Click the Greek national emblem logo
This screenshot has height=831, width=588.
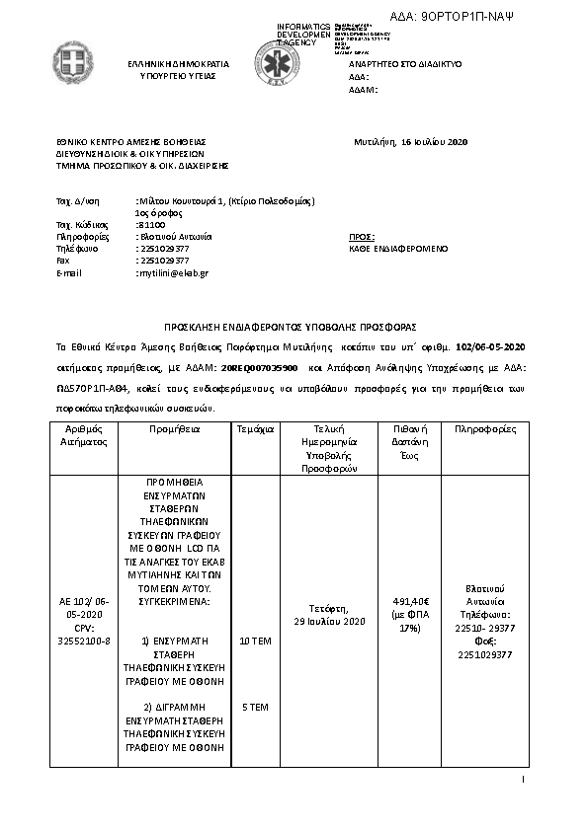pyautogui.click(x=73, y=65)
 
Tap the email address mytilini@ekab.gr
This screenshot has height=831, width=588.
pyautogui.click(x=172, y=272)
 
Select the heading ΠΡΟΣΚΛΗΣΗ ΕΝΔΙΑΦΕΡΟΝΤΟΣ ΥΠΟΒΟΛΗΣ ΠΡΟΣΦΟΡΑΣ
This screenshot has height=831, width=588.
pyautogui.click(x=290, y=326)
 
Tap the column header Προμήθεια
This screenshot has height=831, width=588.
pyautogui.click(x=175, y=430)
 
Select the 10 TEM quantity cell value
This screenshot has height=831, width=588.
pyautogui.click(x=255, y=641)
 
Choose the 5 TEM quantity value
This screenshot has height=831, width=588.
pyautogui.click(x=255, y=708)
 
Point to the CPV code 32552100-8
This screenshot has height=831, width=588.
pyautogui.click(x=84, y=641)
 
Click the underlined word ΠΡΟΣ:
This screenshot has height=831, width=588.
pyautogui.click(x=362, y=237)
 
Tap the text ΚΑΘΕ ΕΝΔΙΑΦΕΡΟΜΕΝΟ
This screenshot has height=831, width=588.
pyautogui.click(x=398, y=249)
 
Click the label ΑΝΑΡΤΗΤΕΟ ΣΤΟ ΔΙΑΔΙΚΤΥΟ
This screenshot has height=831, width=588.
pyautogui.click(x=405, y=63)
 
